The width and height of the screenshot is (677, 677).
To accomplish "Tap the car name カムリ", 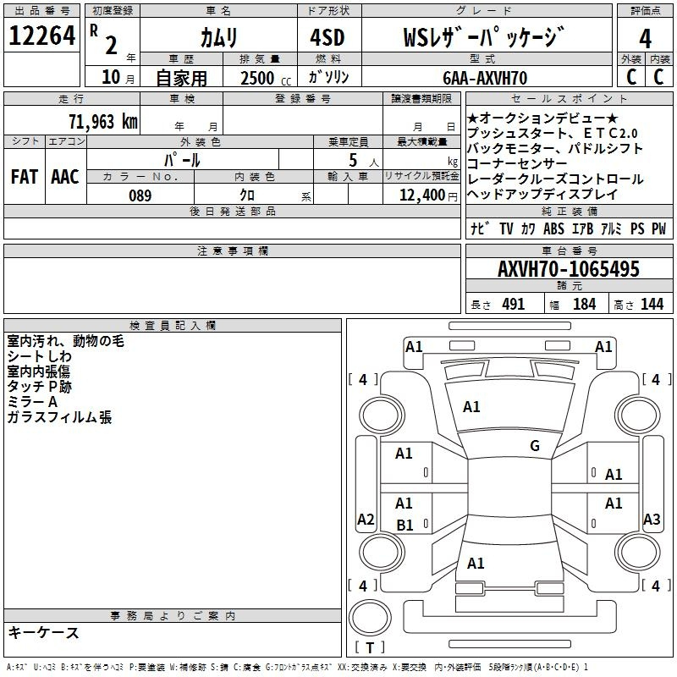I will [218, 38].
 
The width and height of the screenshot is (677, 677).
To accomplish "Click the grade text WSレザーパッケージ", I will [483, 38].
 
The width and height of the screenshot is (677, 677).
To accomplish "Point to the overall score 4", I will [645, 38].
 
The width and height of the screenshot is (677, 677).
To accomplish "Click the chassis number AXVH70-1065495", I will [569, 270].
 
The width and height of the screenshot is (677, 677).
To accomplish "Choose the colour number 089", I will [140, 195].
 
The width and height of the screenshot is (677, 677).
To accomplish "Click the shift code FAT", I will [25, 177].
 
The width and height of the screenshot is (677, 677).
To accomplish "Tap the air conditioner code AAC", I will [65, 177].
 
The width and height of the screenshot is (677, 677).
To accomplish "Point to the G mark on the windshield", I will [535, 446].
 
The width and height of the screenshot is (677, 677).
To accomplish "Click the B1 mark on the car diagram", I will [405, 525].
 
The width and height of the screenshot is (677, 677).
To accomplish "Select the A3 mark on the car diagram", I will [652, 520].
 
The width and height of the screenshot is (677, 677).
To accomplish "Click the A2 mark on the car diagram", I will [366, 520].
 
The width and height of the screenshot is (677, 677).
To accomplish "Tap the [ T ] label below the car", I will [370, 648].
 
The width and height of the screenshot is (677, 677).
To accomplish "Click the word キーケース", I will [44, 632].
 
